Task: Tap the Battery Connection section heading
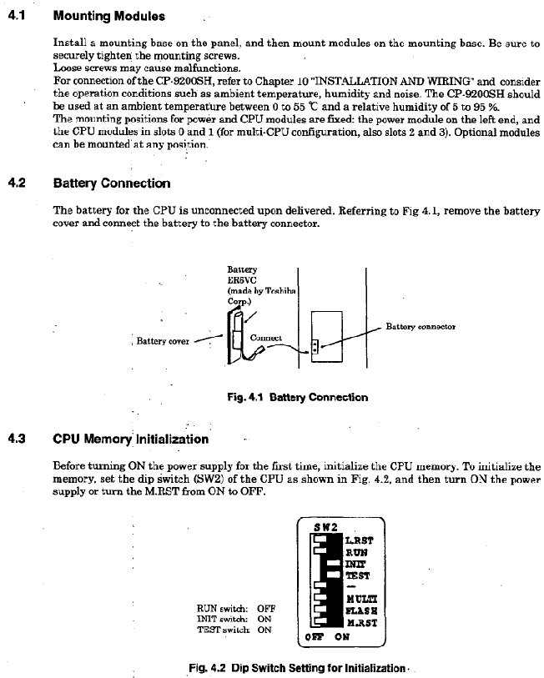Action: click(x=111, y=183)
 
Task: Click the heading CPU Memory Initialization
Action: click(x=130, y=438)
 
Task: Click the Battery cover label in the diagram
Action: click(x=163, y=340)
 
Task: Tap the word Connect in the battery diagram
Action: click(x=266, y=337)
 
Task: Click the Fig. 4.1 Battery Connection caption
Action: click(x=297, y=397)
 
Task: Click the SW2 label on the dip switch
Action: click(x=324, y=528)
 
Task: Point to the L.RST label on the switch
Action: click(x=359, y=540)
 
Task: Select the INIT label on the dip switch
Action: click(x=354, y=563)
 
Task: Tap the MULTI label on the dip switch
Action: click(x=360, y=598)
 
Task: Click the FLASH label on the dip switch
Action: click(x=360, y=610)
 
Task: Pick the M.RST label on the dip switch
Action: click(x=360, y=622)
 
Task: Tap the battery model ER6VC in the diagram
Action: click(x=240, y=280)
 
